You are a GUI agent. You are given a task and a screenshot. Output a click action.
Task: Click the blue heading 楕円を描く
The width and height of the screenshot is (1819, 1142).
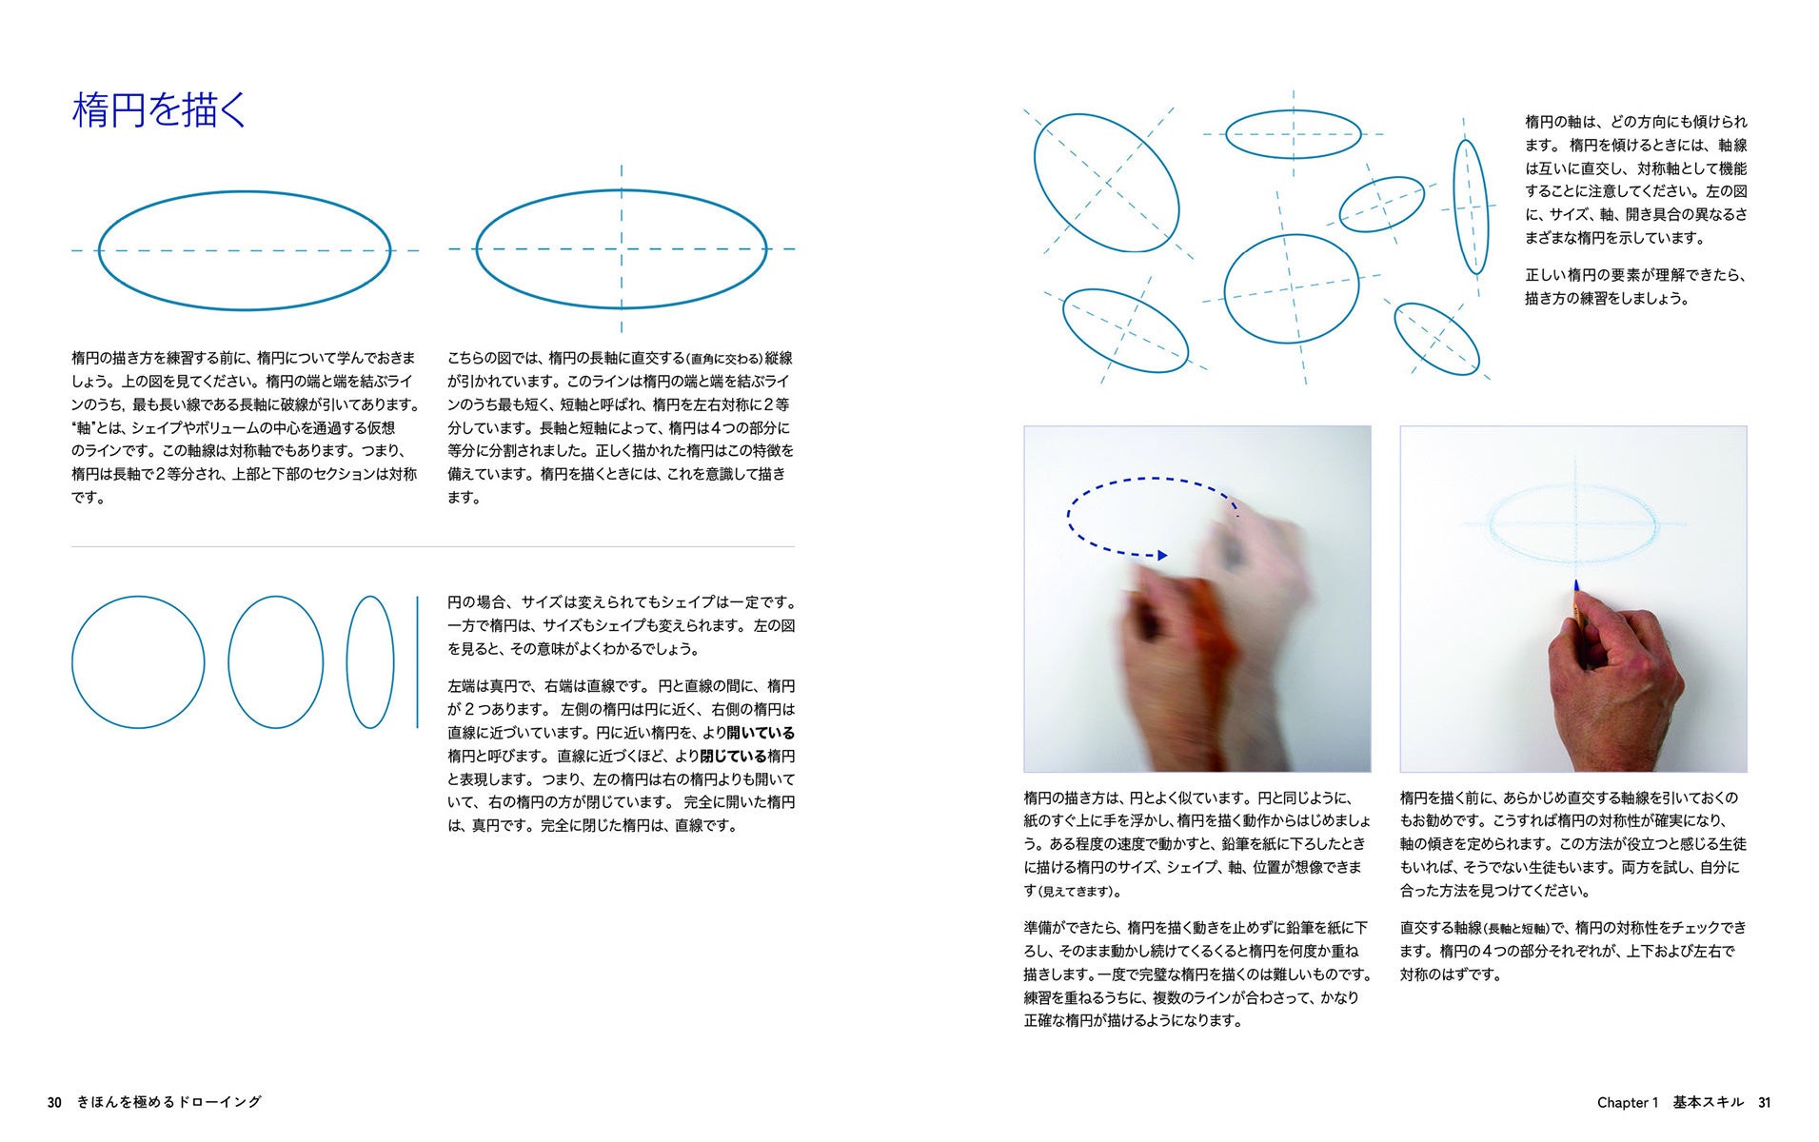[x=159, y=110]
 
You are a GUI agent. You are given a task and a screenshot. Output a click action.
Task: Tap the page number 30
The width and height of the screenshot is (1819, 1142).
[x=54, y=1102]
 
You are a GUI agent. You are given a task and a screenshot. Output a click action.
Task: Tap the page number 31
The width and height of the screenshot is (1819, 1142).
[x=1764, y=1102]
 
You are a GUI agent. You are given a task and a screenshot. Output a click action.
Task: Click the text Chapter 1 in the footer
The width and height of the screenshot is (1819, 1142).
[x=1627, y=1102]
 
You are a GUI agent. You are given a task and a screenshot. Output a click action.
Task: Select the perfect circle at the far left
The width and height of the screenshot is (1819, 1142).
[x=73, y=662]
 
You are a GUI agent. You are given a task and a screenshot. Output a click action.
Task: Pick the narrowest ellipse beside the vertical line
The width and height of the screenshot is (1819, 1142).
[x=347, y=662]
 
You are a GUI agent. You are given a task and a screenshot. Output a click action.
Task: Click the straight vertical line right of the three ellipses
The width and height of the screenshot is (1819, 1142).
[x=417, y=662]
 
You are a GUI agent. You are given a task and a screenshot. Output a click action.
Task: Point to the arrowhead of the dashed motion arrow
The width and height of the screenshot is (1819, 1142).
[x=1162, y=555]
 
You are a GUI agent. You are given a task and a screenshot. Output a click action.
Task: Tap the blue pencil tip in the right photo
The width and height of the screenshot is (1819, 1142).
[x=1576, y=587]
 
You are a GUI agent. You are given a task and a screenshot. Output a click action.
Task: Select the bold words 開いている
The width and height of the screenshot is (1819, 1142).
[x=761, y=733]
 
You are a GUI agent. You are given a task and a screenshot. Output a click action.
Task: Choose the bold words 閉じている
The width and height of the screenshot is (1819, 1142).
[x=733, y=757]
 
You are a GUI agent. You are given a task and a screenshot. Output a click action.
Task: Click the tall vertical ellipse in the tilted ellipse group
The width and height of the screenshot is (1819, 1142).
[x=1455, y=207]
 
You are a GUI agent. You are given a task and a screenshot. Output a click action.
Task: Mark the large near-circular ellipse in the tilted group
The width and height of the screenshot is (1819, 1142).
[x=1226, y=288]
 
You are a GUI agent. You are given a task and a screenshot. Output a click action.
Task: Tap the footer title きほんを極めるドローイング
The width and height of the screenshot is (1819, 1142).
[x=168, y=1102]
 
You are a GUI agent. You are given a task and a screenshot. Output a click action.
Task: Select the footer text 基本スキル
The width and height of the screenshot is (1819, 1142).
[x=1708, y=1102]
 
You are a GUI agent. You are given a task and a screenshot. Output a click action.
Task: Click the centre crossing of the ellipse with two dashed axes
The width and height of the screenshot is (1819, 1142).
[x=622, y=249]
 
